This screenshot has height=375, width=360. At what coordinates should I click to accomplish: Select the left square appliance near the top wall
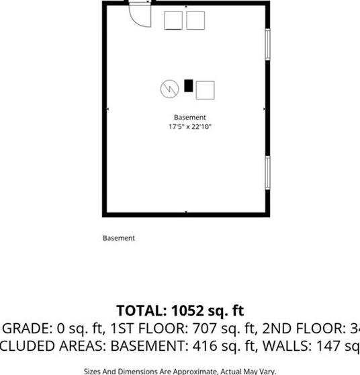(x=173, y=20)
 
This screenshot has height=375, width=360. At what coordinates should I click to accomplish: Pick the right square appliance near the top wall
(x=195, y=20)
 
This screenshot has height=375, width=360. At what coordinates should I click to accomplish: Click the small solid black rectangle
(x=189, y=85)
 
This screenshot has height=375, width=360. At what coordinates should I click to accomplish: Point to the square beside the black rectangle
(x=205, y=89)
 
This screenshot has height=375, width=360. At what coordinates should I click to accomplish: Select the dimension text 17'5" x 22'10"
(x=190, y=126)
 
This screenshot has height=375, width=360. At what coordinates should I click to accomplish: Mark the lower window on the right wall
(x=267, y=173)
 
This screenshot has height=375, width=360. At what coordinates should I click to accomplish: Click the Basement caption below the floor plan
(x=119, y=238)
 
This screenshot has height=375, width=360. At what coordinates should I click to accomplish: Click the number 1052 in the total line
(x=183, y=310)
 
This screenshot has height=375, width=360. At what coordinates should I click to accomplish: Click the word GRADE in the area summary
(x=26, y=329)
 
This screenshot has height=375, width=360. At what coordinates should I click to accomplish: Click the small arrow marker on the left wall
(x=108, y=108)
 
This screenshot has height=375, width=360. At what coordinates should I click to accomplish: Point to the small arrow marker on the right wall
(x=264, y=108)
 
